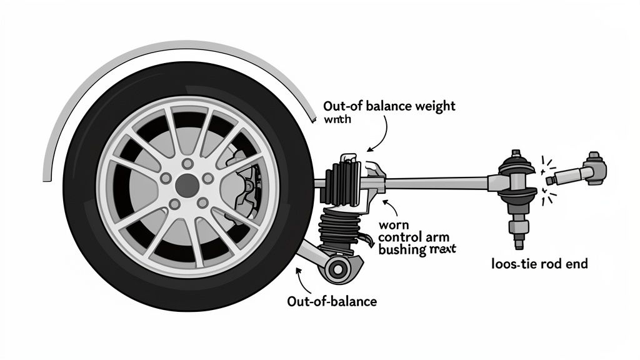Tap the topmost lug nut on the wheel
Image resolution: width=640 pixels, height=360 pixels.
pyautogui.click(x=187, y=164)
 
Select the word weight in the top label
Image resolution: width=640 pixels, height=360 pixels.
pyautogui.click(x=434, y=106)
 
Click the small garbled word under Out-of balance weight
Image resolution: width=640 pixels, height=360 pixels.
pyautogui.click(x=338, y=119)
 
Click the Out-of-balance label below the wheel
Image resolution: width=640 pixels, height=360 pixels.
pyautogui.click(x=332, y=301)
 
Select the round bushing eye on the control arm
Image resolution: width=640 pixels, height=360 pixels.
pyautogui.click(x=337, y=269)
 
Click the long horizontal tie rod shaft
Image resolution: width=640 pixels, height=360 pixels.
pyautogui.click(x=437, y=183)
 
